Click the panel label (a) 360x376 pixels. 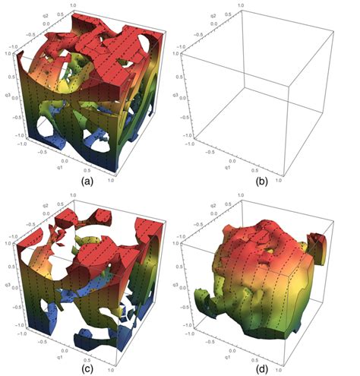(x=86, y=184)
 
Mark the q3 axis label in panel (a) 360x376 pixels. (x=7, y=97)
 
